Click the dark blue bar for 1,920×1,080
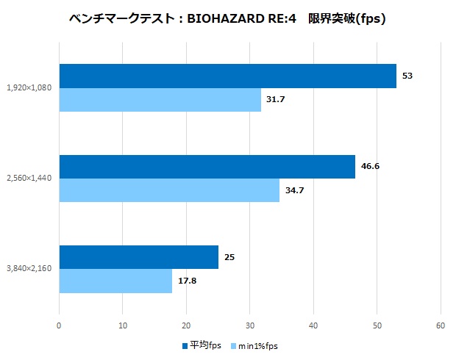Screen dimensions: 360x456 click(227, 76)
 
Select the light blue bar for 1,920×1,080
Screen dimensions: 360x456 click(160, 100)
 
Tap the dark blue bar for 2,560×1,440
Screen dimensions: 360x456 click(207, 167)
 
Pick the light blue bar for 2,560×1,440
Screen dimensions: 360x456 click(169, 190)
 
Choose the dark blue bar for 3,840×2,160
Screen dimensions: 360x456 click(138, 257)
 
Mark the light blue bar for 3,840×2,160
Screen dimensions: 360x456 click(115, 281)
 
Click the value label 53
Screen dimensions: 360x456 click(407, 76)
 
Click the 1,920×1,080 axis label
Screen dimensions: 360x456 click(29, 88)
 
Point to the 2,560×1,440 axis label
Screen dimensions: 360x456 click(29, 179)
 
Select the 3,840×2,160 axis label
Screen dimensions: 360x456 click(29, 269)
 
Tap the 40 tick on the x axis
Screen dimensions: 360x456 click(313, 325)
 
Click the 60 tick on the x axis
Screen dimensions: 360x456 click(441, 325)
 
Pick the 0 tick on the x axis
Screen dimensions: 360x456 click(60, 325)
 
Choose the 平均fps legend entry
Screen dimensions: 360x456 click(200, 345)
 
